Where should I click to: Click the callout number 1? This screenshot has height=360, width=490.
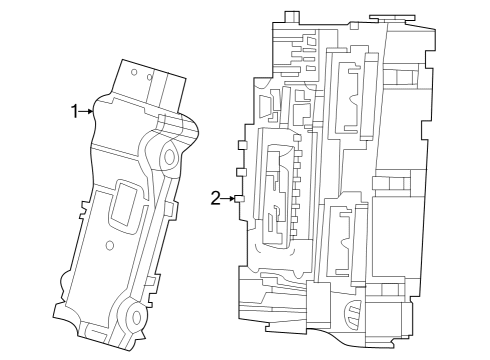coord(74,110)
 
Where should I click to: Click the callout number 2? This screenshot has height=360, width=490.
coord(215,198)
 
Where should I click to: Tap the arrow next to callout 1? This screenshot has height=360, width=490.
coord(88,111)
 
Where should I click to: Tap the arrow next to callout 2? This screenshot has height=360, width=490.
coord(230,199)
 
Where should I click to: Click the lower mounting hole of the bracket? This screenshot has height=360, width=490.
coord(134,317)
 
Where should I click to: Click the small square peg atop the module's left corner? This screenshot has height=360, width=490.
coord(289,17)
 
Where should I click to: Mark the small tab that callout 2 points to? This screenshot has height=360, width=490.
coord(240,199)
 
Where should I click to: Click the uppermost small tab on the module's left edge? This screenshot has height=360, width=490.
coord(240,146)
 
